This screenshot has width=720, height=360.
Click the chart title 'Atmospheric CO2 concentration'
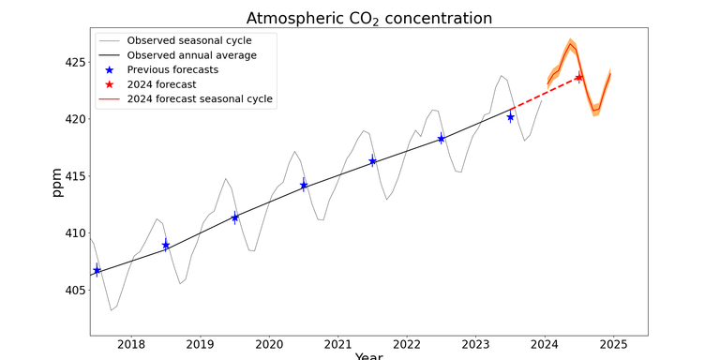pos(368,19)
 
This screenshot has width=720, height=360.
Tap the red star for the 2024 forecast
pos(578,78)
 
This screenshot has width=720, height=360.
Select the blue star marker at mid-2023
pos(510,117)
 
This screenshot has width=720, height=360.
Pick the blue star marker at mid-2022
pos(441,139)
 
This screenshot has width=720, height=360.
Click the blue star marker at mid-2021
pos(372,161)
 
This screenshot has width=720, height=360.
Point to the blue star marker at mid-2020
pos(304,186)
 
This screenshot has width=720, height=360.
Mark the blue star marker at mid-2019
pos(234,217)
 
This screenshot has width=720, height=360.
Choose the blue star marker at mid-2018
pos(166,246)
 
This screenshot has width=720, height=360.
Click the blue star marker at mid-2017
pos(97,270)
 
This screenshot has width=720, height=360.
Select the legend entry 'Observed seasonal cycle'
pos(188,40)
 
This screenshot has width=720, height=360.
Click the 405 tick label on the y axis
pos(73,291)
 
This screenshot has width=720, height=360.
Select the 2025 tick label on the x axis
pos(613,345)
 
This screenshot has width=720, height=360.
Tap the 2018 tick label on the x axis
pos(131,345)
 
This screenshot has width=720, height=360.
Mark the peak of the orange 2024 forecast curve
pos(569,43)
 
